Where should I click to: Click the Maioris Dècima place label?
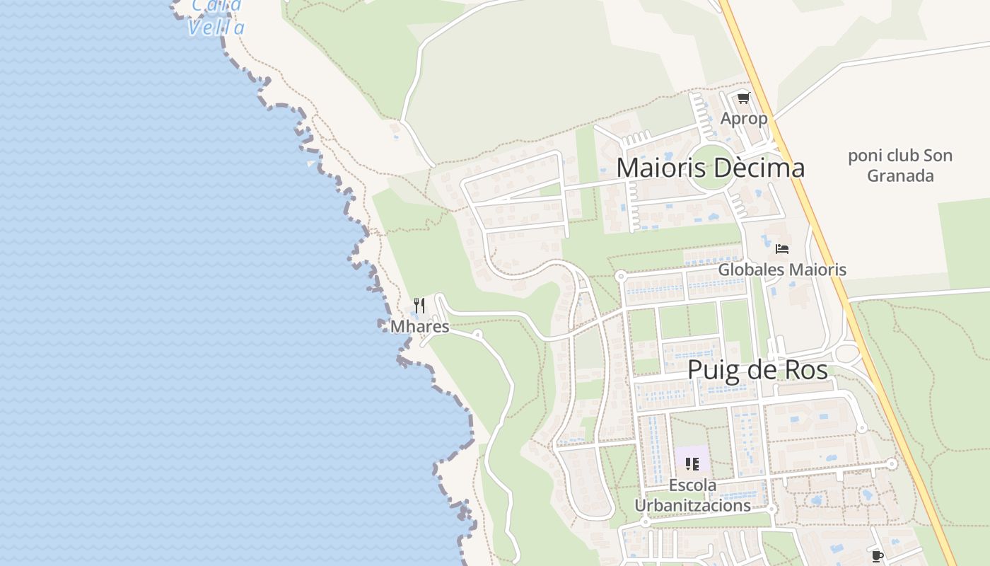pos(710,168)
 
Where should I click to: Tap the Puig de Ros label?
pos(757,370)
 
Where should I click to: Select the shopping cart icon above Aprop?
pos(743,98)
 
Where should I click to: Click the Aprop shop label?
pos(743,119)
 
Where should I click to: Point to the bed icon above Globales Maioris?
pos(781,249)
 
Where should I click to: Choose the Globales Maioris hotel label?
pos(782,270)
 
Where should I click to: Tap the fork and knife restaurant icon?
pos(419,306)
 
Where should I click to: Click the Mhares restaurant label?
pos(419,327)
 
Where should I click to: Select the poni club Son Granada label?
pos(900,166)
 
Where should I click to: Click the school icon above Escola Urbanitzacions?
pos(692,464)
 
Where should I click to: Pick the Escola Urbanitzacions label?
pos(692,495)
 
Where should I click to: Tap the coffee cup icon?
pos(878,556)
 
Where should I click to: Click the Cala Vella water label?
pos(216,17)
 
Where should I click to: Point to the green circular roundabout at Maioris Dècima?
pos(713,168)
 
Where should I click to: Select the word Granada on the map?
pos(900,175)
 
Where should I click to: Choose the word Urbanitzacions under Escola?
pos(692,506)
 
